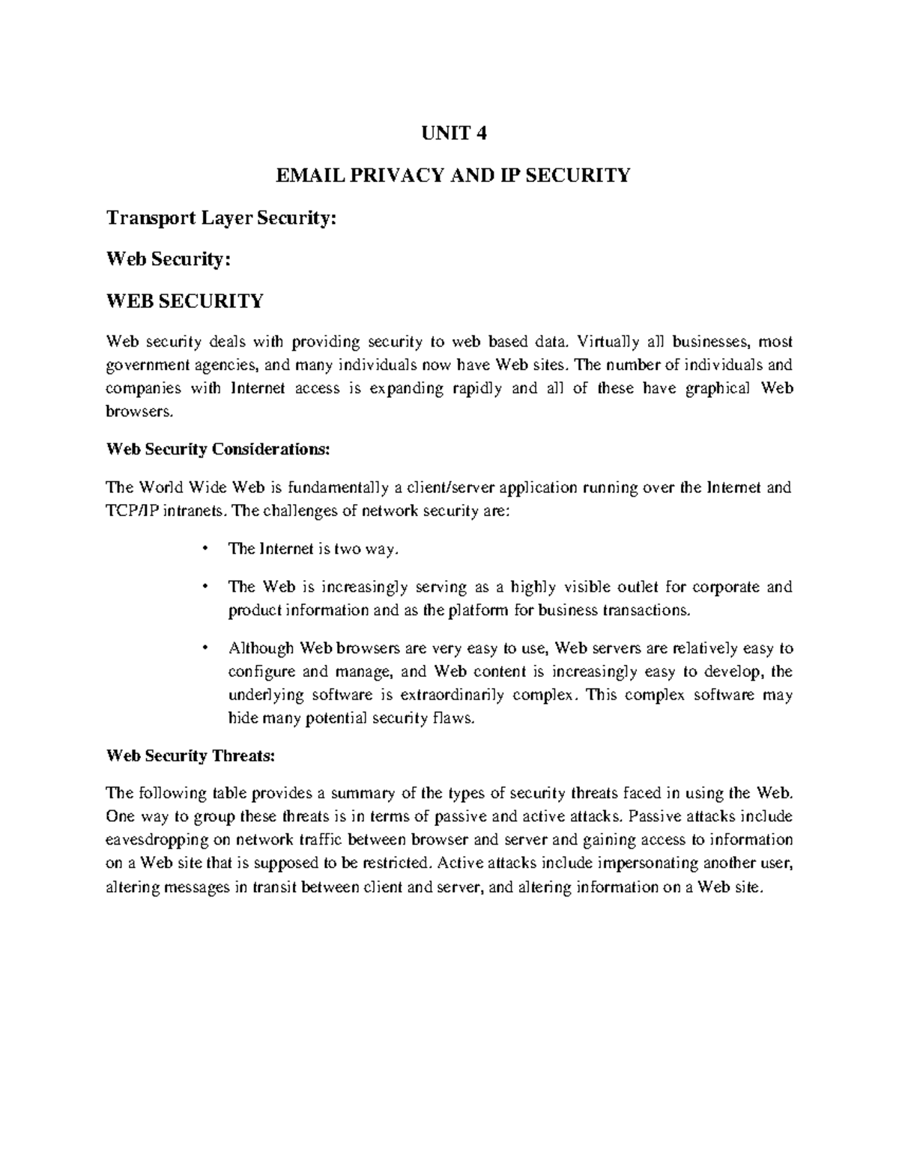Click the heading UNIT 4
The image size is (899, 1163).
(449, 134)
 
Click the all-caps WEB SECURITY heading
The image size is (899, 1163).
(185, 301)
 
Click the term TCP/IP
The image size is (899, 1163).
(133, 511)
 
